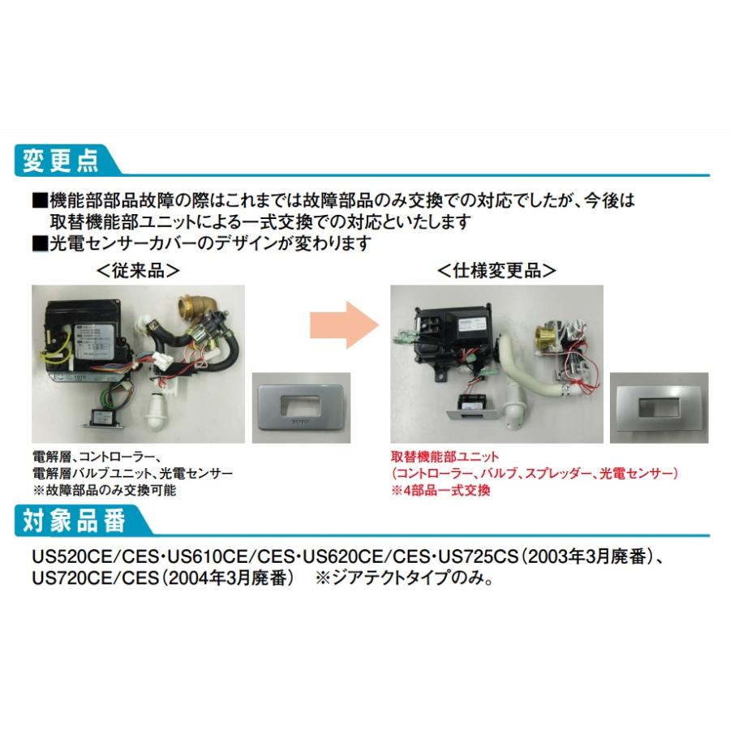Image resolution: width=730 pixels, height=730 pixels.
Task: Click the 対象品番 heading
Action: click(x=71, y=521)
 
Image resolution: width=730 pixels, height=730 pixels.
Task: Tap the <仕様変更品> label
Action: click(x=496, y=270)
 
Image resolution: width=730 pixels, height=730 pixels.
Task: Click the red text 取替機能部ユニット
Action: click(x=444, y=457)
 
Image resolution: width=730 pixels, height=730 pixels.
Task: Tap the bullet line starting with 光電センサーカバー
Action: click(x=203, y=243)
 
